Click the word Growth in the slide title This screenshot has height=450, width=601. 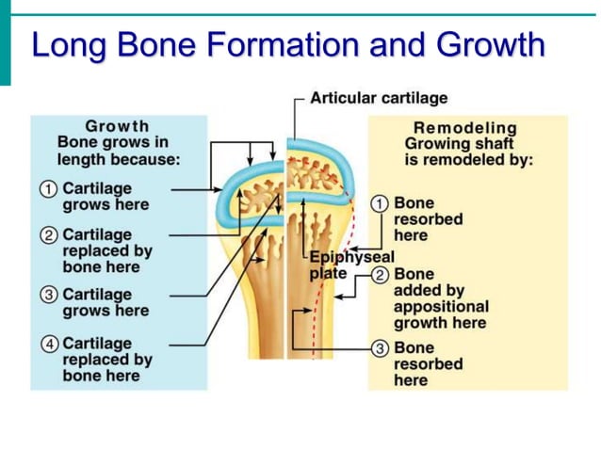(x=490, y=44)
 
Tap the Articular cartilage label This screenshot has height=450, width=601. (x=379, y=98)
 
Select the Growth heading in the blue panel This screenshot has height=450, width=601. (x=117, y=126)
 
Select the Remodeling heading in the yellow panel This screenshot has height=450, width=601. (x=465, y=128)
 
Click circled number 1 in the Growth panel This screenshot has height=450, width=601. (x=48, y=188)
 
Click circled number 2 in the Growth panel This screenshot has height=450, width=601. (x=48, y=233)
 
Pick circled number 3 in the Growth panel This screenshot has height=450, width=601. (x=48, y=295)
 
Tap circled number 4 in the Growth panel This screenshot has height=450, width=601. (x=48, y=343)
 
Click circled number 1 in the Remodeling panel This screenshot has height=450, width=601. (x=380, y=202)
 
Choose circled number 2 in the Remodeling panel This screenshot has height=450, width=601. (x=380, y=274)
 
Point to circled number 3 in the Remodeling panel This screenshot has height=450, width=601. (x=380, y=347)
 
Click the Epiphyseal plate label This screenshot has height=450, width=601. (x=341, y=265)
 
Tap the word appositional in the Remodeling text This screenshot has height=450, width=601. (x=441, y=306)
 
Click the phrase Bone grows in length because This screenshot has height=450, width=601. (x=118, y=151)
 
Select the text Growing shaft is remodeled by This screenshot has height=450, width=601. (x=468, y=152)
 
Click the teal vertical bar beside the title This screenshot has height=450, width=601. (x=5, y=42)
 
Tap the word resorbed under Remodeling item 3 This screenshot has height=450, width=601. (x=428, y=363)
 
